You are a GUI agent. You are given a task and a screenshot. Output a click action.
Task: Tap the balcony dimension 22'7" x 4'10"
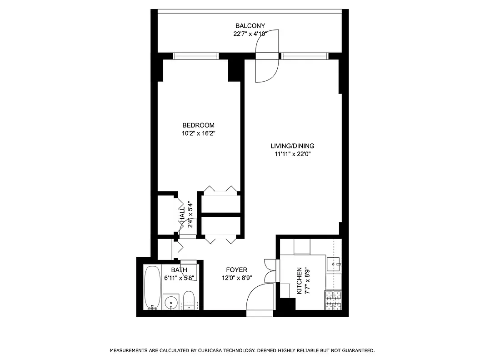click(x=250, y=34)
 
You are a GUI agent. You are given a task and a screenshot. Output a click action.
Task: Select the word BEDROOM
click(x=198, y=126)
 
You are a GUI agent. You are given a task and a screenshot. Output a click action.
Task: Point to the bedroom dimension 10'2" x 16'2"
click(x=198, y=133)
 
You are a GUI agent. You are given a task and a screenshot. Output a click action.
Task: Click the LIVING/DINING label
click(x=292, y=146)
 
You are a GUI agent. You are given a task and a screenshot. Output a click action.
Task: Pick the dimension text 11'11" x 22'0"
click(x=292, y=154)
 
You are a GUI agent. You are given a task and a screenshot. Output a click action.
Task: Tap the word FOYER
click(x=236, y=270)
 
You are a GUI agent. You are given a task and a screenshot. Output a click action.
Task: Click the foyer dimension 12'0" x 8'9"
click(x=236, y=278)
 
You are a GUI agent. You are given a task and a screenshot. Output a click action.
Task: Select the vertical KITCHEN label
click(x=300, y=281)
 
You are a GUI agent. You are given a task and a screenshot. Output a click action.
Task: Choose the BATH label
click(x=179, y=270)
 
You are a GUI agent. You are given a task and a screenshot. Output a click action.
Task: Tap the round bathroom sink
click(x=171, y=301)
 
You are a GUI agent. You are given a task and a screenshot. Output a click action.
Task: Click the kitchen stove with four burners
click(x=333, y=300)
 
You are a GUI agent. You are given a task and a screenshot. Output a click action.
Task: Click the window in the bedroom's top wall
click(x=195, y=56)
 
